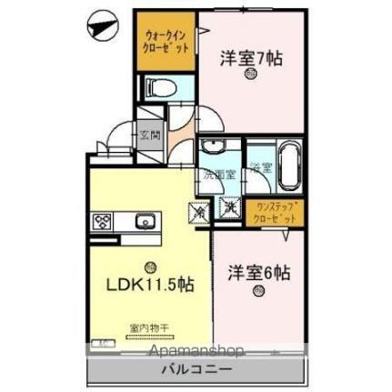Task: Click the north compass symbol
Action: (101, 26)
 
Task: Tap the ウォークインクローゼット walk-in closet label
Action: (166, 42)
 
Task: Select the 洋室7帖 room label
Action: (250, 58)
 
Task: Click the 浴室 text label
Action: (262, 167)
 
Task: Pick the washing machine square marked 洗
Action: (230, 210)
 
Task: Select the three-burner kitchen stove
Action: (102, 221)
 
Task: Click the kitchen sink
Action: (145, 221)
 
